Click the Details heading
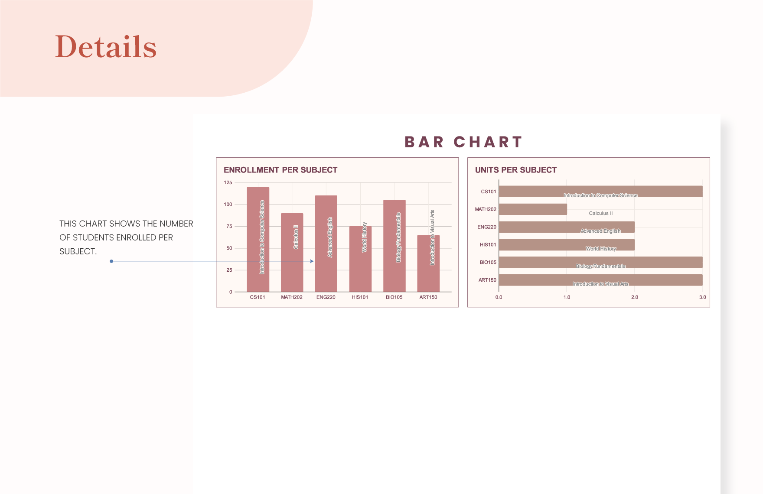105,46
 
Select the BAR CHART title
463,142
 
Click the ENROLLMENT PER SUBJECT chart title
280,170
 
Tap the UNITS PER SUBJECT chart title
515,170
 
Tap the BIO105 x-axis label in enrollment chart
394,297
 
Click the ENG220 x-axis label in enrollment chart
326,297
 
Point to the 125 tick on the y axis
228,182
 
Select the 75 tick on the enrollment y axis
229,226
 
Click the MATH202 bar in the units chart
533,209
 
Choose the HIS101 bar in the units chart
567,245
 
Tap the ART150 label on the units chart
487,280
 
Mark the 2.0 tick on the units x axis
635,297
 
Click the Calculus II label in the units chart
601,213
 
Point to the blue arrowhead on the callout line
312,261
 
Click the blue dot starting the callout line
111,261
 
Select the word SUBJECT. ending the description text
78,251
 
